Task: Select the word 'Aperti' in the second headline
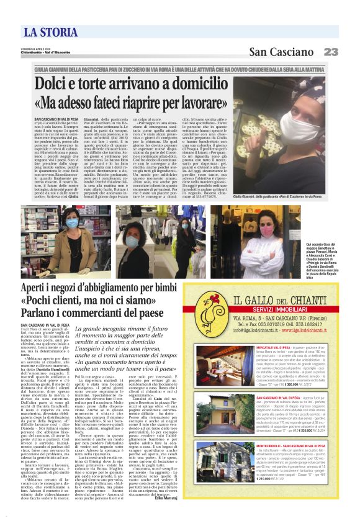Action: coord(37,289)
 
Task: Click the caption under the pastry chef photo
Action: coord(291,196)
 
